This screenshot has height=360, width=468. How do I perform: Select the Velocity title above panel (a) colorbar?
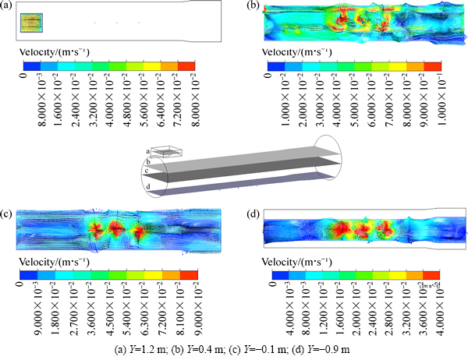(x=55, y=51)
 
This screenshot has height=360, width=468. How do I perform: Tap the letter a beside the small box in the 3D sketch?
(x=147, y=150)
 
